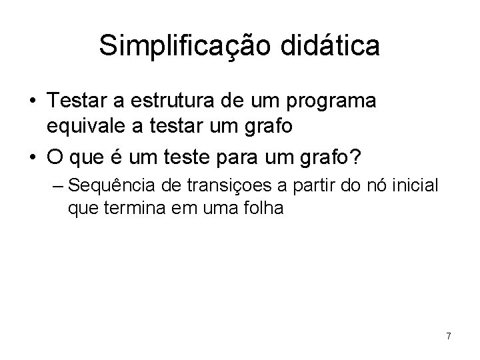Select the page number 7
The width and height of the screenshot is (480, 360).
coord(449,336)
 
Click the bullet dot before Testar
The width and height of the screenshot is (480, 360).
coord(32,102)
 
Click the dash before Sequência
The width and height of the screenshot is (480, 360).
coord(57,185)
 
